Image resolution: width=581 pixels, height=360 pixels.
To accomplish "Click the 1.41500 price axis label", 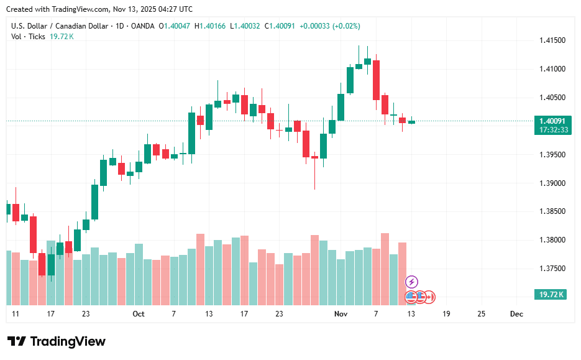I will [x=552, y=40].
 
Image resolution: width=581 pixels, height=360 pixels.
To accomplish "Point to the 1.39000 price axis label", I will [x=552, y=183].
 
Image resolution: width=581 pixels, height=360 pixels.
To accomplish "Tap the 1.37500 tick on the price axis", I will [x=552, y=269].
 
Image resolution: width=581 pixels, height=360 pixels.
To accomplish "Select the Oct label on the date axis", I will [x=139, y=314].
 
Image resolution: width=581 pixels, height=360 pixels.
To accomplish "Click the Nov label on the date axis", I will [x=341, y=314].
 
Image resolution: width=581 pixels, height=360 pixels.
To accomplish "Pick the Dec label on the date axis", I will [x=516, y=314].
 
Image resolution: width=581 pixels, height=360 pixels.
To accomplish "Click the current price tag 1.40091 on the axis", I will [x=551, y=121].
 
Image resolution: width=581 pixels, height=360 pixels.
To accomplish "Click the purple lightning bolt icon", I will [x=411, y=282].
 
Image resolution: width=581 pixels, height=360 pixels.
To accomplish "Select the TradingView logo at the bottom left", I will [x=57, y=341].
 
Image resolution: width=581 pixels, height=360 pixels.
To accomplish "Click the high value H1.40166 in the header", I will [x=211, y=26].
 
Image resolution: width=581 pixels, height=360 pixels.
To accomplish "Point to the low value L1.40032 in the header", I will [x=247, y=26].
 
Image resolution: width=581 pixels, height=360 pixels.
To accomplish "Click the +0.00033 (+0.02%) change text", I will [x=329, y=26].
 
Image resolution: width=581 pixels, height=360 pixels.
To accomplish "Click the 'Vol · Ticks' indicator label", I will [x=29, y=37].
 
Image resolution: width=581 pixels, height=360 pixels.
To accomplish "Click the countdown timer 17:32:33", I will [x=551, y=130].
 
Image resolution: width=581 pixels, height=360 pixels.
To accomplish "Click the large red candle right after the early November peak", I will [x=376, y=80].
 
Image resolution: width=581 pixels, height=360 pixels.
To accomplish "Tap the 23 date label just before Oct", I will [x=86, y=314].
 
